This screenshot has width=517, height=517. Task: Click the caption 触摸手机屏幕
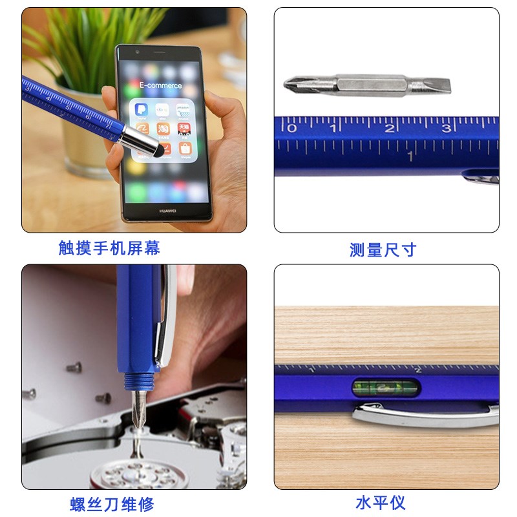coord(109,248)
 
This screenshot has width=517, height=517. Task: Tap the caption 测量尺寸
coord(383,249)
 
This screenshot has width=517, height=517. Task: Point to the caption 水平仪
coord(380,502)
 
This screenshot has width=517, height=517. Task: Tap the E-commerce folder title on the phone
coord(160,85)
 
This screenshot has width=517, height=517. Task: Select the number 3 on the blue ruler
coord(446,128)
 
